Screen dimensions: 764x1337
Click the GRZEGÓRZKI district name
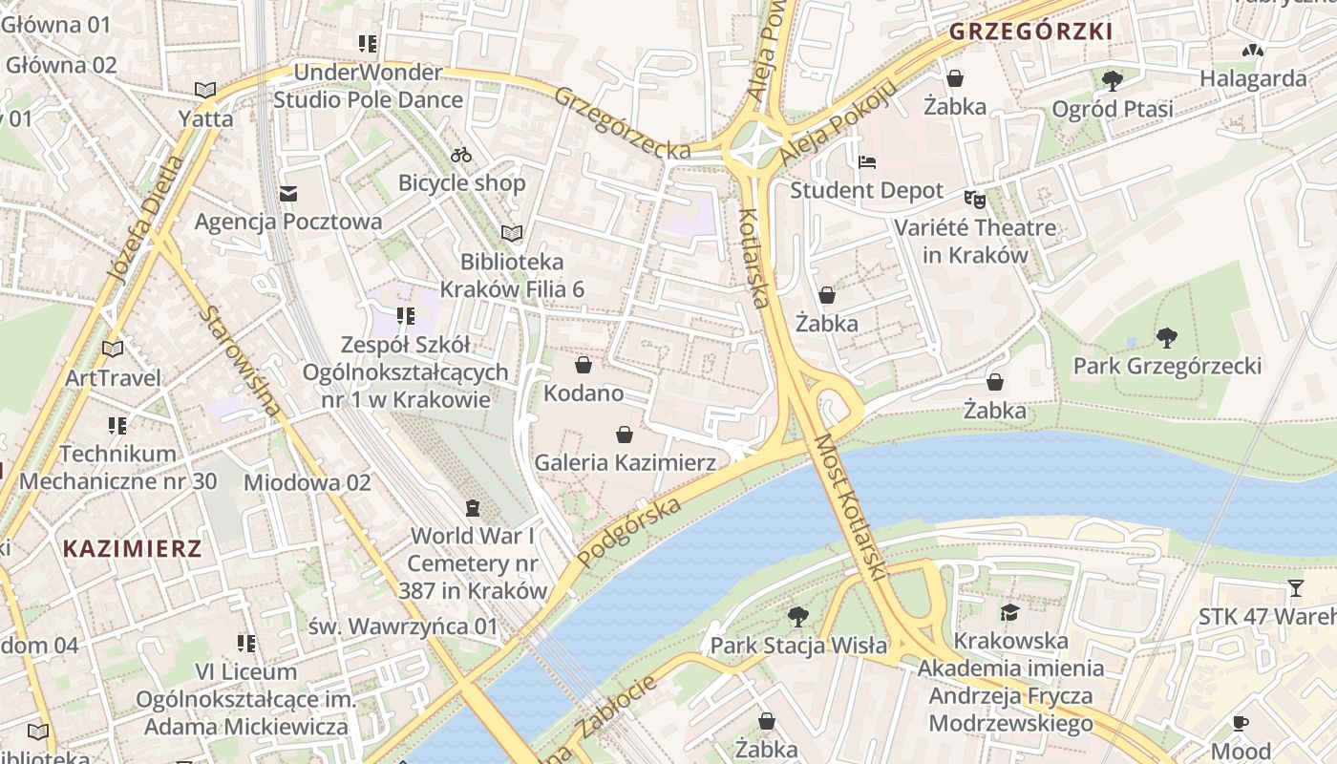(1030, 32)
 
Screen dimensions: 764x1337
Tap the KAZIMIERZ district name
(133, 548)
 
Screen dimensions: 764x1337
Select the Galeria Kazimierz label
(625, 462)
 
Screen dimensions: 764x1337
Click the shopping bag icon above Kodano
(583, 365)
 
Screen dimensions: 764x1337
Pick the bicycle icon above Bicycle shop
(461, 154)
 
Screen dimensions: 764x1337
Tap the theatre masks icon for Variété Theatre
(974, 200)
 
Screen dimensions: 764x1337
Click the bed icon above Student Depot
(866, 161)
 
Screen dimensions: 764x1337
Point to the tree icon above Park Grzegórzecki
(1166, 337)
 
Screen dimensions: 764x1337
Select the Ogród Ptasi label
(1113, 109)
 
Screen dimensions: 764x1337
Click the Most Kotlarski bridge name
(849, 506)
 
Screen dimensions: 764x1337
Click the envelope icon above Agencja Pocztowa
(288, 194)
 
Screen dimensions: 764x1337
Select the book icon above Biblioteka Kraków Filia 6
(512, 233)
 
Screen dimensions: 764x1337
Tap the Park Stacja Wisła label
(798, 646)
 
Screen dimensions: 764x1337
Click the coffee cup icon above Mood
(1241, 722)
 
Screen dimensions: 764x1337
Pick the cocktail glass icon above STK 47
(1295, 587)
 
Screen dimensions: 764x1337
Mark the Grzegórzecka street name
(622, 123)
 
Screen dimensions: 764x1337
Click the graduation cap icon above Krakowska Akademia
(1010, 611)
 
